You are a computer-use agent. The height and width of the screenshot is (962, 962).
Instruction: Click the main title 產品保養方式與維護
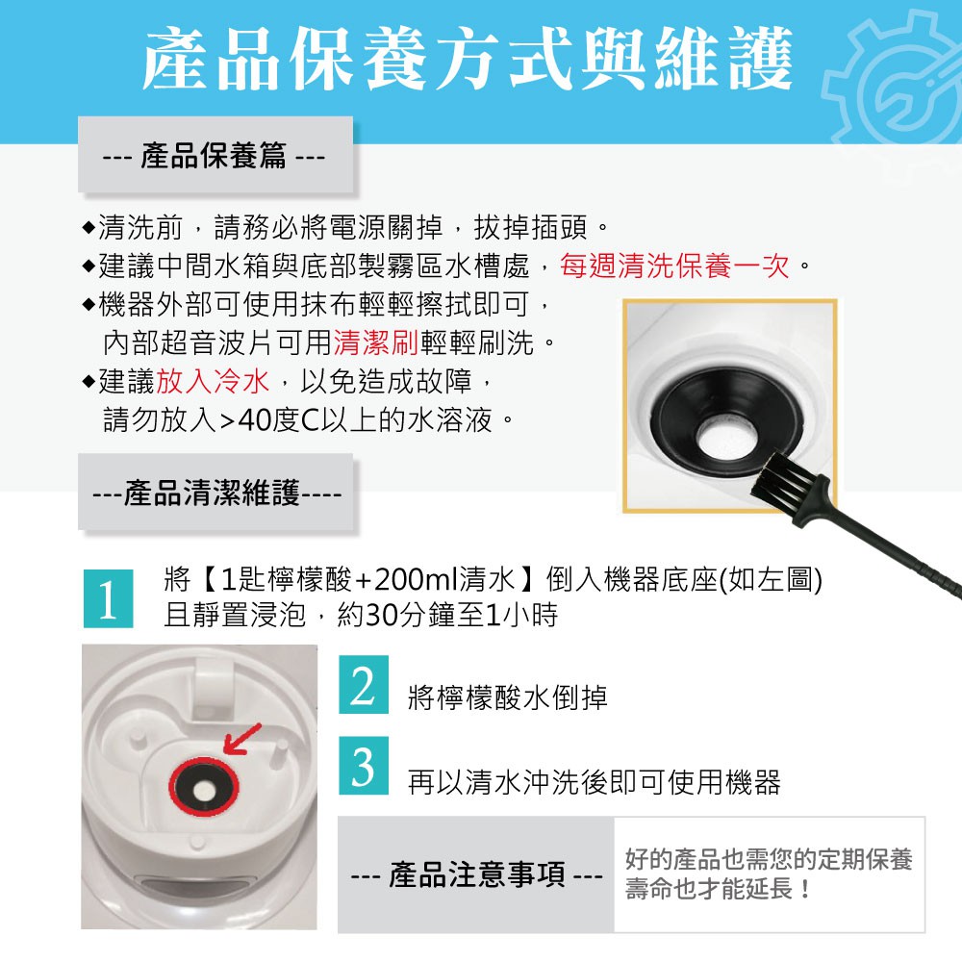467,59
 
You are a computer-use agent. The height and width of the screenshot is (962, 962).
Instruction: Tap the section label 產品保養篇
215,155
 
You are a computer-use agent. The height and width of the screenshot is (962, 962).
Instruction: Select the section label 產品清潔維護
213,493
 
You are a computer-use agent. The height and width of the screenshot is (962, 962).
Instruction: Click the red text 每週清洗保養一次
673,266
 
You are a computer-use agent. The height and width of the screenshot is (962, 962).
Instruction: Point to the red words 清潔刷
376,342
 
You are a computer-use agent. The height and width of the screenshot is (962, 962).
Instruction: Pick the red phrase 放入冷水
213,381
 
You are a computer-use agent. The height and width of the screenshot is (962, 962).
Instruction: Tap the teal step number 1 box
108,598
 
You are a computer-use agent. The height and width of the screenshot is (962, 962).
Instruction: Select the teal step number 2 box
364,684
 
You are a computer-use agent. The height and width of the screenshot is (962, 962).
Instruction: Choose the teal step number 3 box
364,766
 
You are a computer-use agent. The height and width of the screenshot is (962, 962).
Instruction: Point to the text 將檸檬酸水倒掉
508,697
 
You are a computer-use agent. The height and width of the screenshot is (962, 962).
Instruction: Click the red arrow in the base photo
241,740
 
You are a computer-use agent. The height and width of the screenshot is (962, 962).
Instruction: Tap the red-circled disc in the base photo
204,789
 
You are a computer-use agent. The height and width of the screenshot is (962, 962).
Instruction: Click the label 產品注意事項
477,874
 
